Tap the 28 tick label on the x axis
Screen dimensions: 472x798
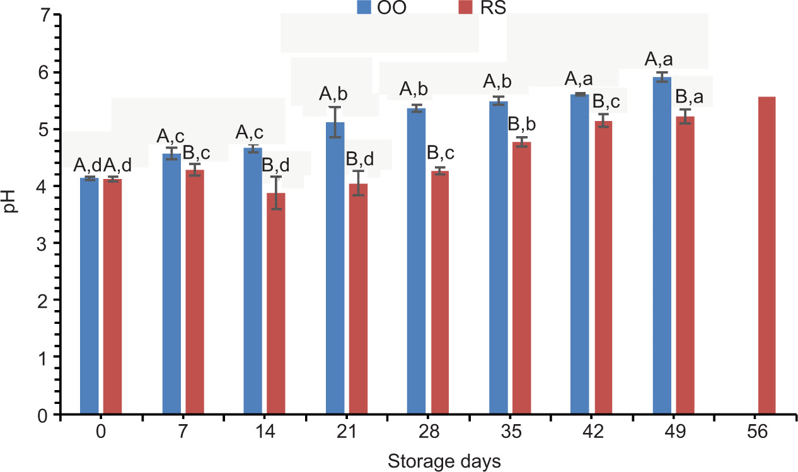coord(429,433)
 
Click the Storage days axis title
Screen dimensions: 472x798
coord(444,461)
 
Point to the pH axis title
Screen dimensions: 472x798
coord(10,215)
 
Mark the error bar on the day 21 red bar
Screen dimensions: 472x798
coord(358,183)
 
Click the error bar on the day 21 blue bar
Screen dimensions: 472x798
coord(335,122)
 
